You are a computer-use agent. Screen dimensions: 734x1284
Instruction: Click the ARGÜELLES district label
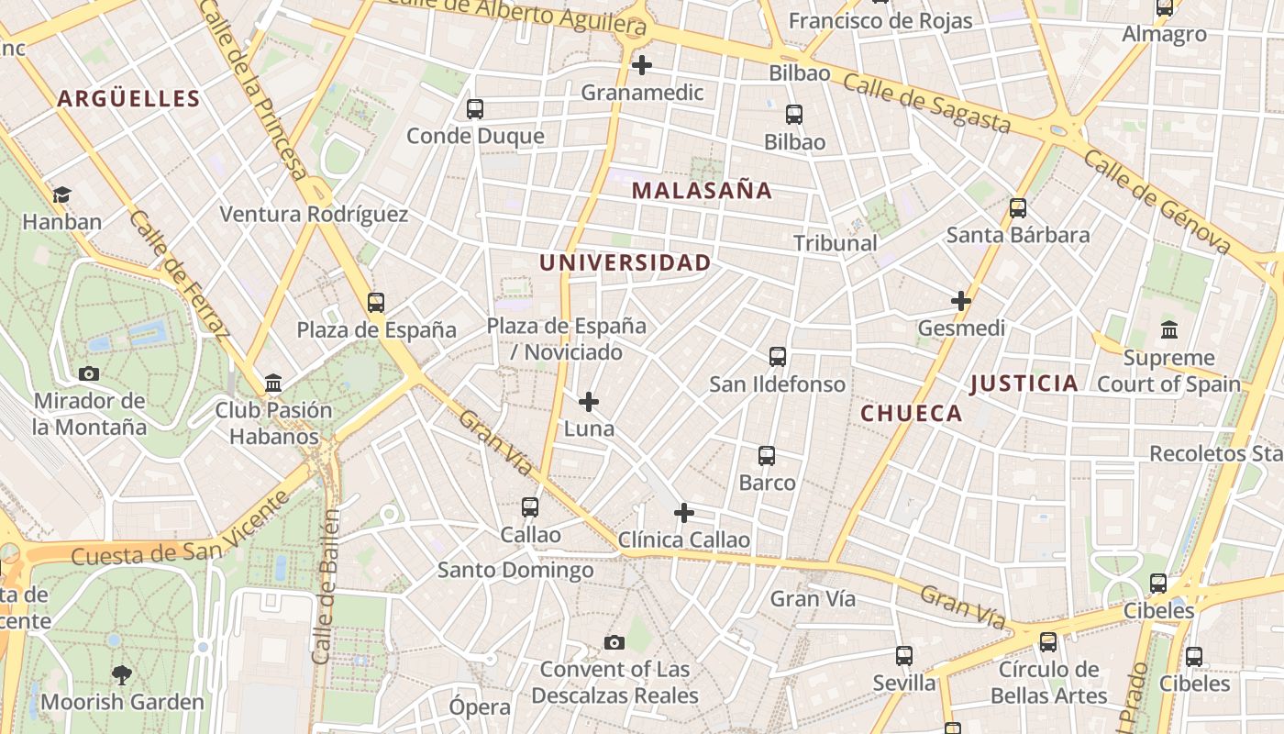128,99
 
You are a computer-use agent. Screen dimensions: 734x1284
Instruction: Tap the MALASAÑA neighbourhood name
702,191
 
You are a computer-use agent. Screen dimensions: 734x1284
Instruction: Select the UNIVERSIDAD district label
625,263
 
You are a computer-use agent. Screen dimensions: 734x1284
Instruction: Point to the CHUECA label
912,414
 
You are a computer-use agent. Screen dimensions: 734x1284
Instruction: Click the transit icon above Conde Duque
474,109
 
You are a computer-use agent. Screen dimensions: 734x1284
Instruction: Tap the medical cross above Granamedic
642,65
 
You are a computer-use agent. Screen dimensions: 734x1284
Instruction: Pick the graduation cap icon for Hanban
61,195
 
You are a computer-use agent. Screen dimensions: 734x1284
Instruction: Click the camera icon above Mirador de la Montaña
89,373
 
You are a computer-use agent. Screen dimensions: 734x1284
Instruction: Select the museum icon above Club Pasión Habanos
272,383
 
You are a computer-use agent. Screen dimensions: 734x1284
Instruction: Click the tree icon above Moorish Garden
121,676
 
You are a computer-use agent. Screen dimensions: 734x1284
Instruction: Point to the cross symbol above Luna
589,402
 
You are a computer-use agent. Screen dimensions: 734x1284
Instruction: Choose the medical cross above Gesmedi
961,301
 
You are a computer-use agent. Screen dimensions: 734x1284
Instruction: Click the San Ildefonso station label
778,384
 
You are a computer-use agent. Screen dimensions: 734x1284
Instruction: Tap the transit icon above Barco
767,456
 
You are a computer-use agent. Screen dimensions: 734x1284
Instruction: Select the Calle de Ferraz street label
179,273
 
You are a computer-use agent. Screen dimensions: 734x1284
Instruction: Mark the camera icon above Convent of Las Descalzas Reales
614,642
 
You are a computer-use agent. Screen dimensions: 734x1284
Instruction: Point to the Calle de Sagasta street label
926,104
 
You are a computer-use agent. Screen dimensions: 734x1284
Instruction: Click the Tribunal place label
836,243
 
